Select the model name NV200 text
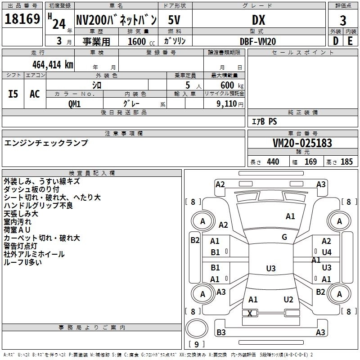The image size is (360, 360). (116, 20)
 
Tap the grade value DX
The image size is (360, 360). (258, 20)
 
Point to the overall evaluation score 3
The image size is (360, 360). (343, 21)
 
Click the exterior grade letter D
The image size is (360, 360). (335, 41)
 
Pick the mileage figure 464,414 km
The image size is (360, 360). (53, 64)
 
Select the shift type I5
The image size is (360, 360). (13, 94)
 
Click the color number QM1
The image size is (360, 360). (75, 103)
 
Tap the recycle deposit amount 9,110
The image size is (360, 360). (227, 103)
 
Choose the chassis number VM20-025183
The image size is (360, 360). (302, 143)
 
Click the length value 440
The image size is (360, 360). (273, 162)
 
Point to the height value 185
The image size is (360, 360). (346, 162)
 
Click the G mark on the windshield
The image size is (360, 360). (284, 237)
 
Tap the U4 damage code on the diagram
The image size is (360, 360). (326, 252)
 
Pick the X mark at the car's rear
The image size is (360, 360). (250, 313)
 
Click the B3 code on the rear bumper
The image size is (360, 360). (221, 333)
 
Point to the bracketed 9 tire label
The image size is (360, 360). (197, 344)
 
